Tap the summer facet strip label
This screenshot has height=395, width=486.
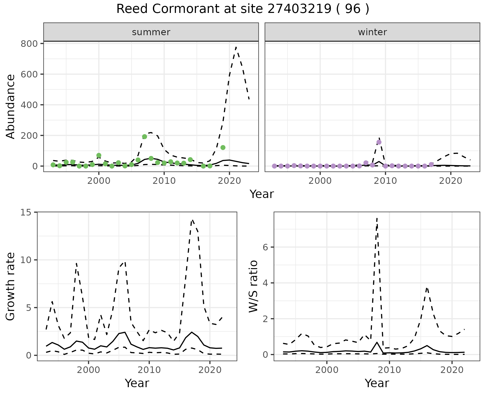click(151, 32)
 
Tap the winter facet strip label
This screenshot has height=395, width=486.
click(372, 32)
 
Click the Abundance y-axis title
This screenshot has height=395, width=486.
click(11, 107)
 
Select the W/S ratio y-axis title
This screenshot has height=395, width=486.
click(253, 286)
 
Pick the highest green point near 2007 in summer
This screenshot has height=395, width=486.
click(145, 137)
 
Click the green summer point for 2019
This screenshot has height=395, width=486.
click(223, 148)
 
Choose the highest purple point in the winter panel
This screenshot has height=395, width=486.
click(379, 142)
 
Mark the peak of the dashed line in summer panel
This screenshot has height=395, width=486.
click(236, 47)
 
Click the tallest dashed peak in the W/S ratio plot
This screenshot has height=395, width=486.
click(377, 218)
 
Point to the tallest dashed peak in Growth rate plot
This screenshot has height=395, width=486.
click(192, 220)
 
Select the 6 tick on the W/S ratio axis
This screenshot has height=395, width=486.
click(265, 247)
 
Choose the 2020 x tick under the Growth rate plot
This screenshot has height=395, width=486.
click(210, 370)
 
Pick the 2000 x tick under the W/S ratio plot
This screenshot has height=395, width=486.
click(327, 370)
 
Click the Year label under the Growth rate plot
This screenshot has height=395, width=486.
click(137, 383)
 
